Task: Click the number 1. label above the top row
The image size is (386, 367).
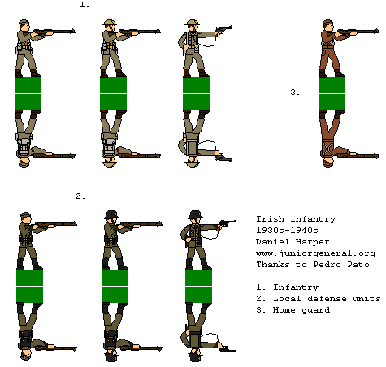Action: pyautogui.click(x=85, y=5)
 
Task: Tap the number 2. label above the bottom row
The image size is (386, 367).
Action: pyautogui.click(x=80, y=196)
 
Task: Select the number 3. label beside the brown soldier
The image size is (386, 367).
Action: pyautogui.click(x=295, y=93)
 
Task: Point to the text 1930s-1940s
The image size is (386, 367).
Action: pyautogui.click(x=287, y=230)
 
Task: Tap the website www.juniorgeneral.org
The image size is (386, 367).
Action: pyautogui.click(x=316, y=253)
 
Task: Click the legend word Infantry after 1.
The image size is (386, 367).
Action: pyautogui.click(x=296, y=287)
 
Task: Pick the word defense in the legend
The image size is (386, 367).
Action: pyautogui.click(x=327, y=298)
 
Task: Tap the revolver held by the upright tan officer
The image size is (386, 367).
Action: pyautogui.click(x=223, y=29)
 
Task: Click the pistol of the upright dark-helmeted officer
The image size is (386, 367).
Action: pyautogui.click(x=227, y=222)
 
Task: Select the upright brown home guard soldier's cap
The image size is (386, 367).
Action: pyautogui.click(x=327, y=23)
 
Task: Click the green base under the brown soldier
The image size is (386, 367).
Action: pyautogui.click(x=332, y=94)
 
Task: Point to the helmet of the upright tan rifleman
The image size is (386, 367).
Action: pyautogui.click(x=109, y=23)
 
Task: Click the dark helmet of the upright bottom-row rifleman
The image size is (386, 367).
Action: pyautogui.click(x=111, y=214)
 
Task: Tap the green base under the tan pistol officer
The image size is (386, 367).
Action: pyautogui.click(x=196, y=94)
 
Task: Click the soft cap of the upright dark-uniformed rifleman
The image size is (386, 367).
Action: pyautogui.click(x=25, y=215)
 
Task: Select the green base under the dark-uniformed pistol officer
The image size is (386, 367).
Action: pyautogui.click(x=198, y=286)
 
